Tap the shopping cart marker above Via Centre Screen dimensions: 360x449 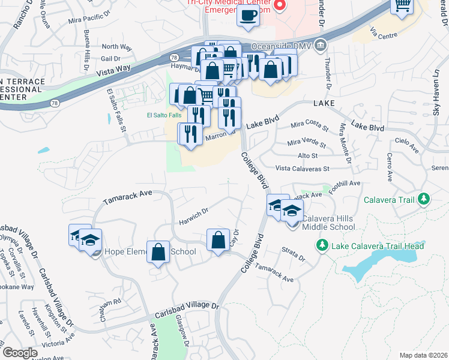(x=402, y=6)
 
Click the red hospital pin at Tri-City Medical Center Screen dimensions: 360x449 (x=279, y=5)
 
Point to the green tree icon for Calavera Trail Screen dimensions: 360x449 (x=424, y=199)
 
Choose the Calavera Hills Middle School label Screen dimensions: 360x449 (x=328, y=223)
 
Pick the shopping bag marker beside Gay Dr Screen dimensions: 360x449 (x=218, y=239)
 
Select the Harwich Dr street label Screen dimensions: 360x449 (x=193, y=216)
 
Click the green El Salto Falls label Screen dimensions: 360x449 (x=163, y=115)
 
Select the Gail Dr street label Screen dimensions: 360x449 (x=111, y=58)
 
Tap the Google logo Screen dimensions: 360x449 (x=19, y=353)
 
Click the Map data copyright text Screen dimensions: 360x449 (x=423, y=355)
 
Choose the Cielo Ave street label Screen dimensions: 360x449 (x=406, y=144)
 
